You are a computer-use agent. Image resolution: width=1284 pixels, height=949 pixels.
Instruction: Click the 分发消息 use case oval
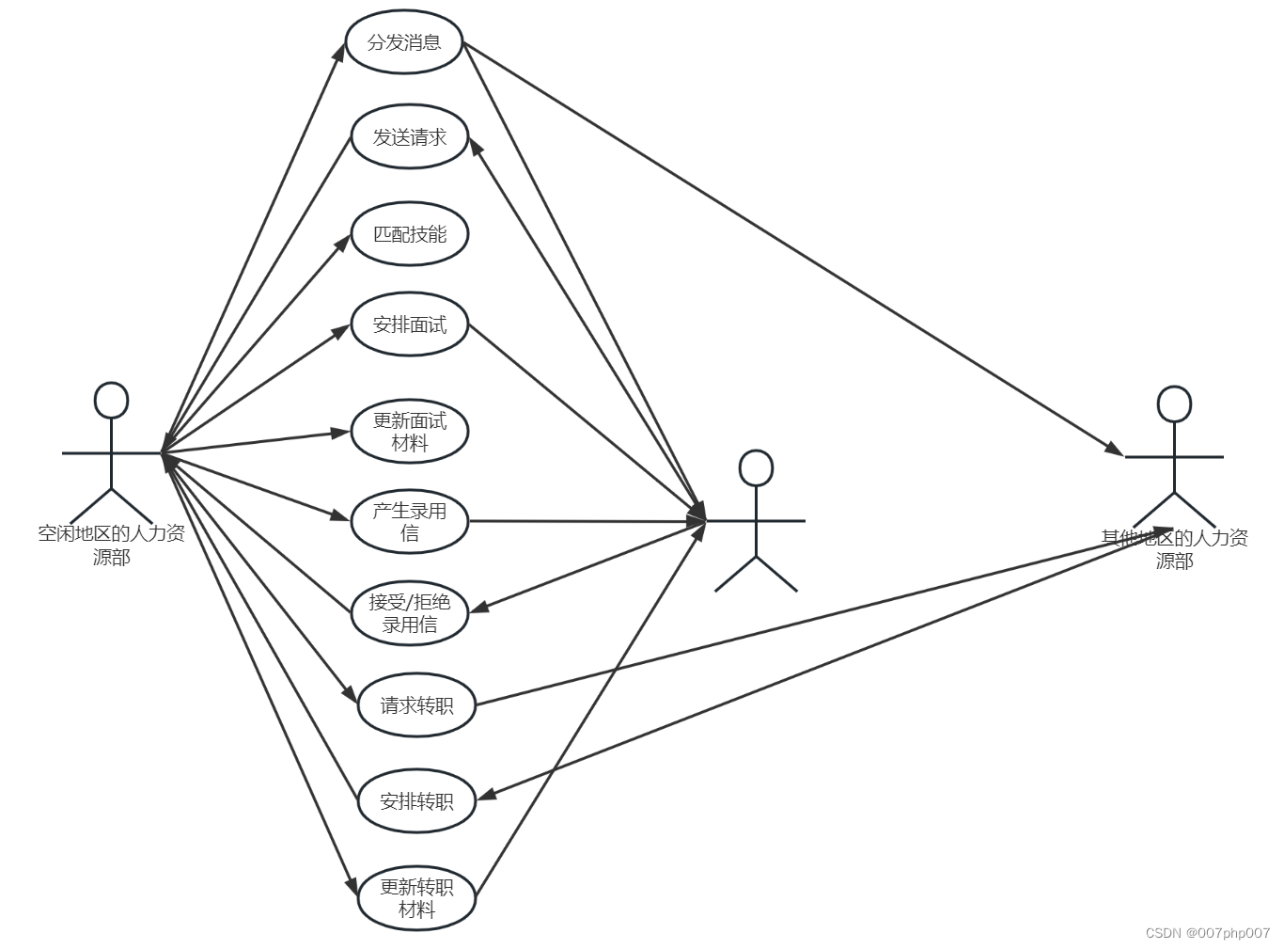404,42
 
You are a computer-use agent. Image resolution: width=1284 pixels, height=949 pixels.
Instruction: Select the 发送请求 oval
409,137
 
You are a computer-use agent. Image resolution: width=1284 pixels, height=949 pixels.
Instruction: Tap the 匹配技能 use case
409,233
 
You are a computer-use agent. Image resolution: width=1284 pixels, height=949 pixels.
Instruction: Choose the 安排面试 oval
409,324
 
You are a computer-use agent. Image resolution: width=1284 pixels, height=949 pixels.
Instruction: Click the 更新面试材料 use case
409,433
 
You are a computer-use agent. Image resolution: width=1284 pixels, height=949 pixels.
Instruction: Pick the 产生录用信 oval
409,522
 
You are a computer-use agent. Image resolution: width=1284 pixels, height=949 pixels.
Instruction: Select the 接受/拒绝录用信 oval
409,613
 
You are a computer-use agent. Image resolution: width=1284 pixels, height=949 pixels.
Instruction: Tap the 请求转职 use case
416,704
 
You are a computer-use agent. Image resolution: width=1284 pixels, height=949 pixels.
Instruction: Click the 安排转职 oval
416,800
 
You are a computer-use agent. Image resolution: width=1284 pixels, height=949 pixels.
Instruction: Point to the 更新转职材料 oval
416,898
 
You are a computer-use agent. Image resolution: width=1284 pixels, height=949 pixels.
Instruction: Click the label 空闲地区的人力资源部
111,546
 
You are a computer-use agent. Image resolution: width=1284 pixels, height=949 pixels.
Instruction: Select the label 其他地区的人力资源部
1174,549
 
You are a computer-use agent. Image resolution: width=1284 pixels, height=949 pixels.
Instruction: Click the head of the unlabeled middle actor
756,468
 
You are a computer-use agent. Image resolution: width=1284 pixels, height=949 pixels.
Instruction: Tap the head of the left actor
111,401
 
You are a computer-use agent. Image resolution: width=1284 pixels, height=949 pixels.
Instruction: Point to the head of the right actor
1174,403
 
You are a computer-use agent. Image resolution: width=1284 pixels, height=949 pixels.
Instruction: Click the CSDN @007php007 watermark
1207,933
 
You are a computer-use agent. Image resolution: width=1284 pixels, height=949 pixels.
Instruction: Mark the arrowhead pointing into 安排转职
486,796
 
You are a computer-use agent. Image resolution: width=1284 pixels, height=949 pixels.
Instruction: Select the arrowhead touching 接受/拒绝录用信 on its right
478,609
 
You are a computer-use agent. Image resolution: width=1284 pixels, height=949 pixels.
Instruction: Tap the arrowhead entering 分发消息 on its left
341,50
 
